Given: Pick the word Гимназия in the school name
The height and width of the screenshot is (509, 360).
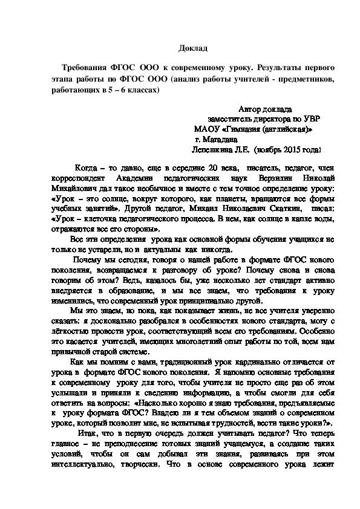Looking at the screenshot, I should (x=244, y=129).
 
